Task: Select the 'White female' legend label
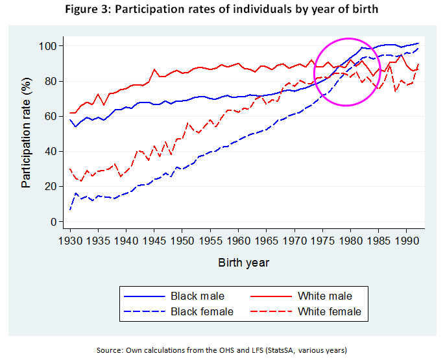point(329,311)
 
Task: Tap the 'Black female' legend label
point(202,311)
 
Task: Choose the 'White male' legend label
point(325,296)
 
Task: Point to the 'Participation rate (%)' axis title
point(27,134)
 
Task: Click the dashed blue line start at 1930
point(70,210)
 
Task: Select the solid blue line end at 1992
point(418,43)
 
